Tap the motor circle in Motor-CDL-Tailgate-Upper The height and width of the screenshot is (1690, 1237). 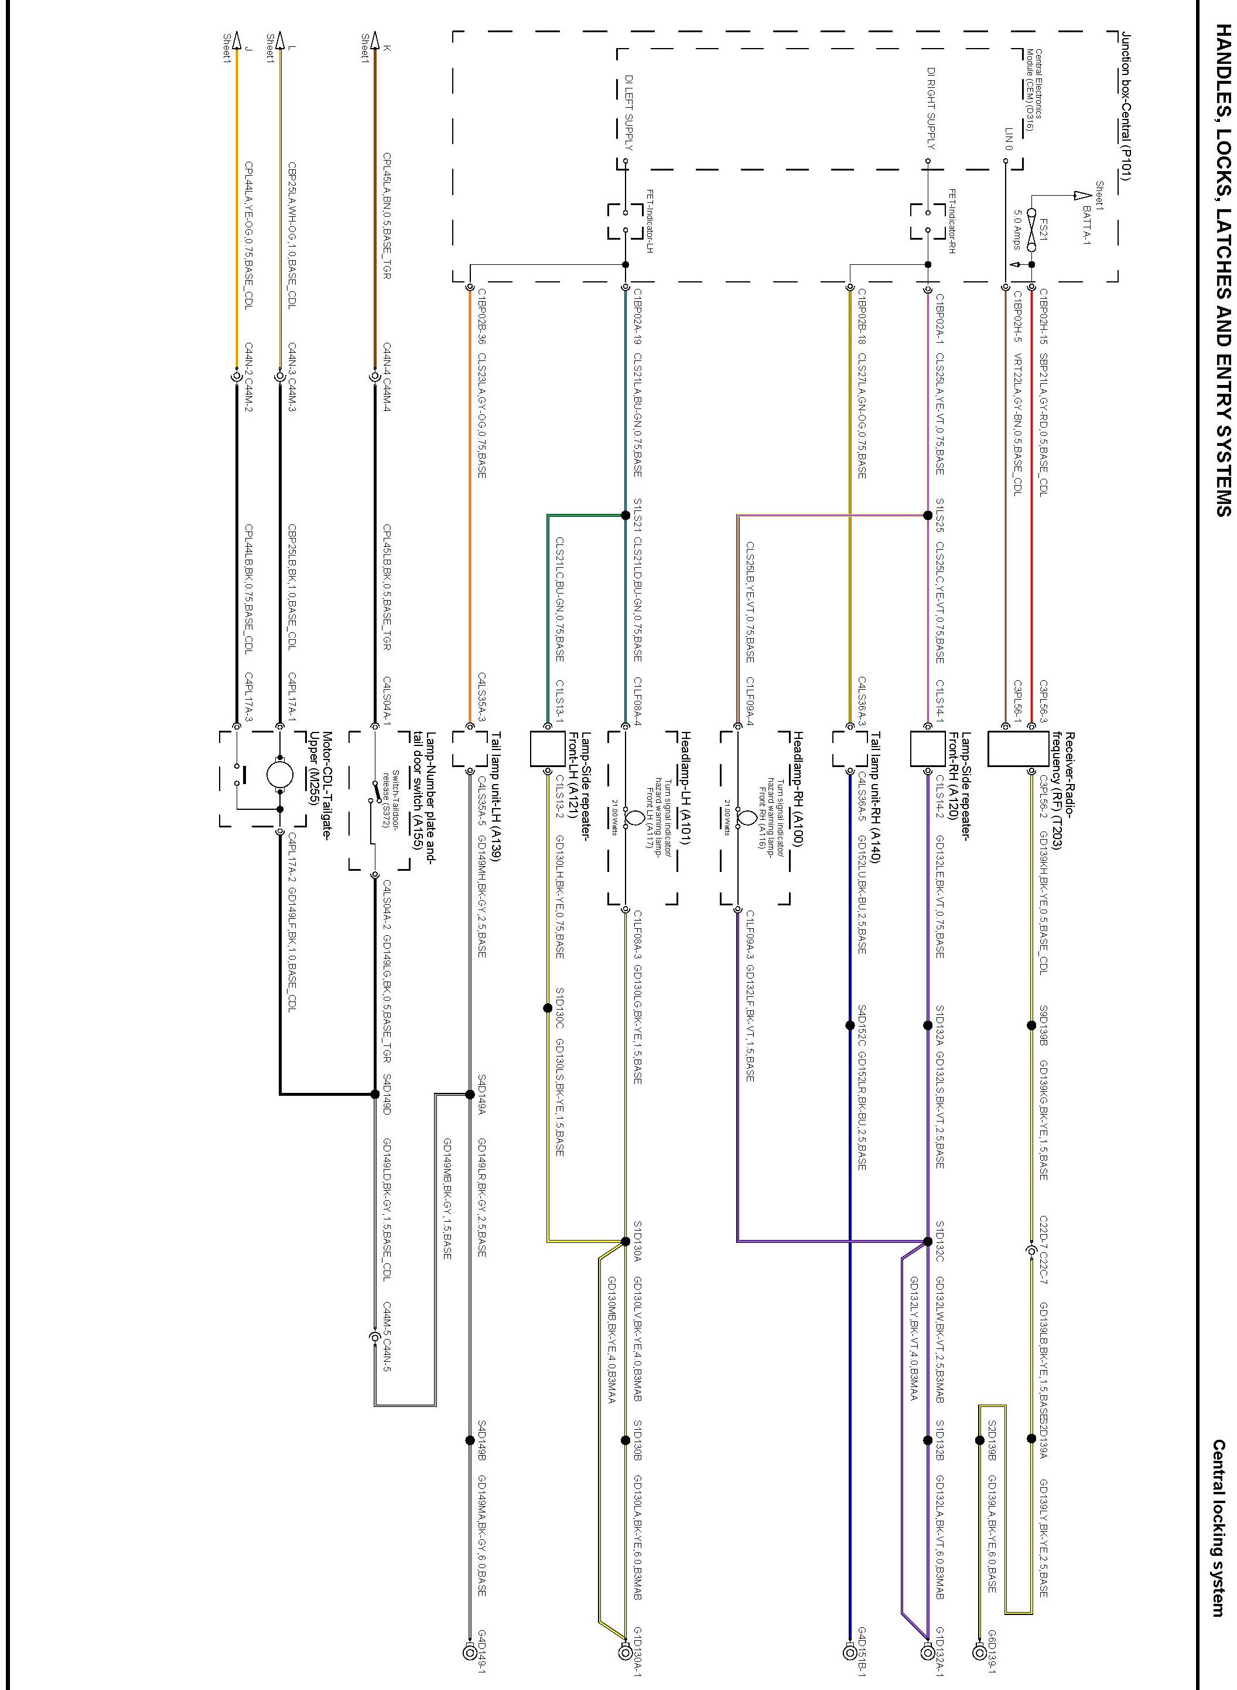[280, 772]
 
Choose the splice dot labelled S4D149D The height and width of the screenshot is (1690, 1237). [374, 1093]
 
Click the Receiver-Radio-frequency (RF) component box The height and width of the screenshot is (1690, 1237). [1017, 749]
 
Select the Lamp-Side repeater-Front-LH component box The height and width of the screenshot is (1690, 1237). [548, 749]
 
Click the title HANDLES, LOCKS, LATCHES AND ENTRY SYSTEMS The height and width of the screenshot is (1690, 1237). [1222, 270]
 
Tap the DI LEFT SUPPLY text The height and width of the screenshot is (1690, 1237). [629, 113]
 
